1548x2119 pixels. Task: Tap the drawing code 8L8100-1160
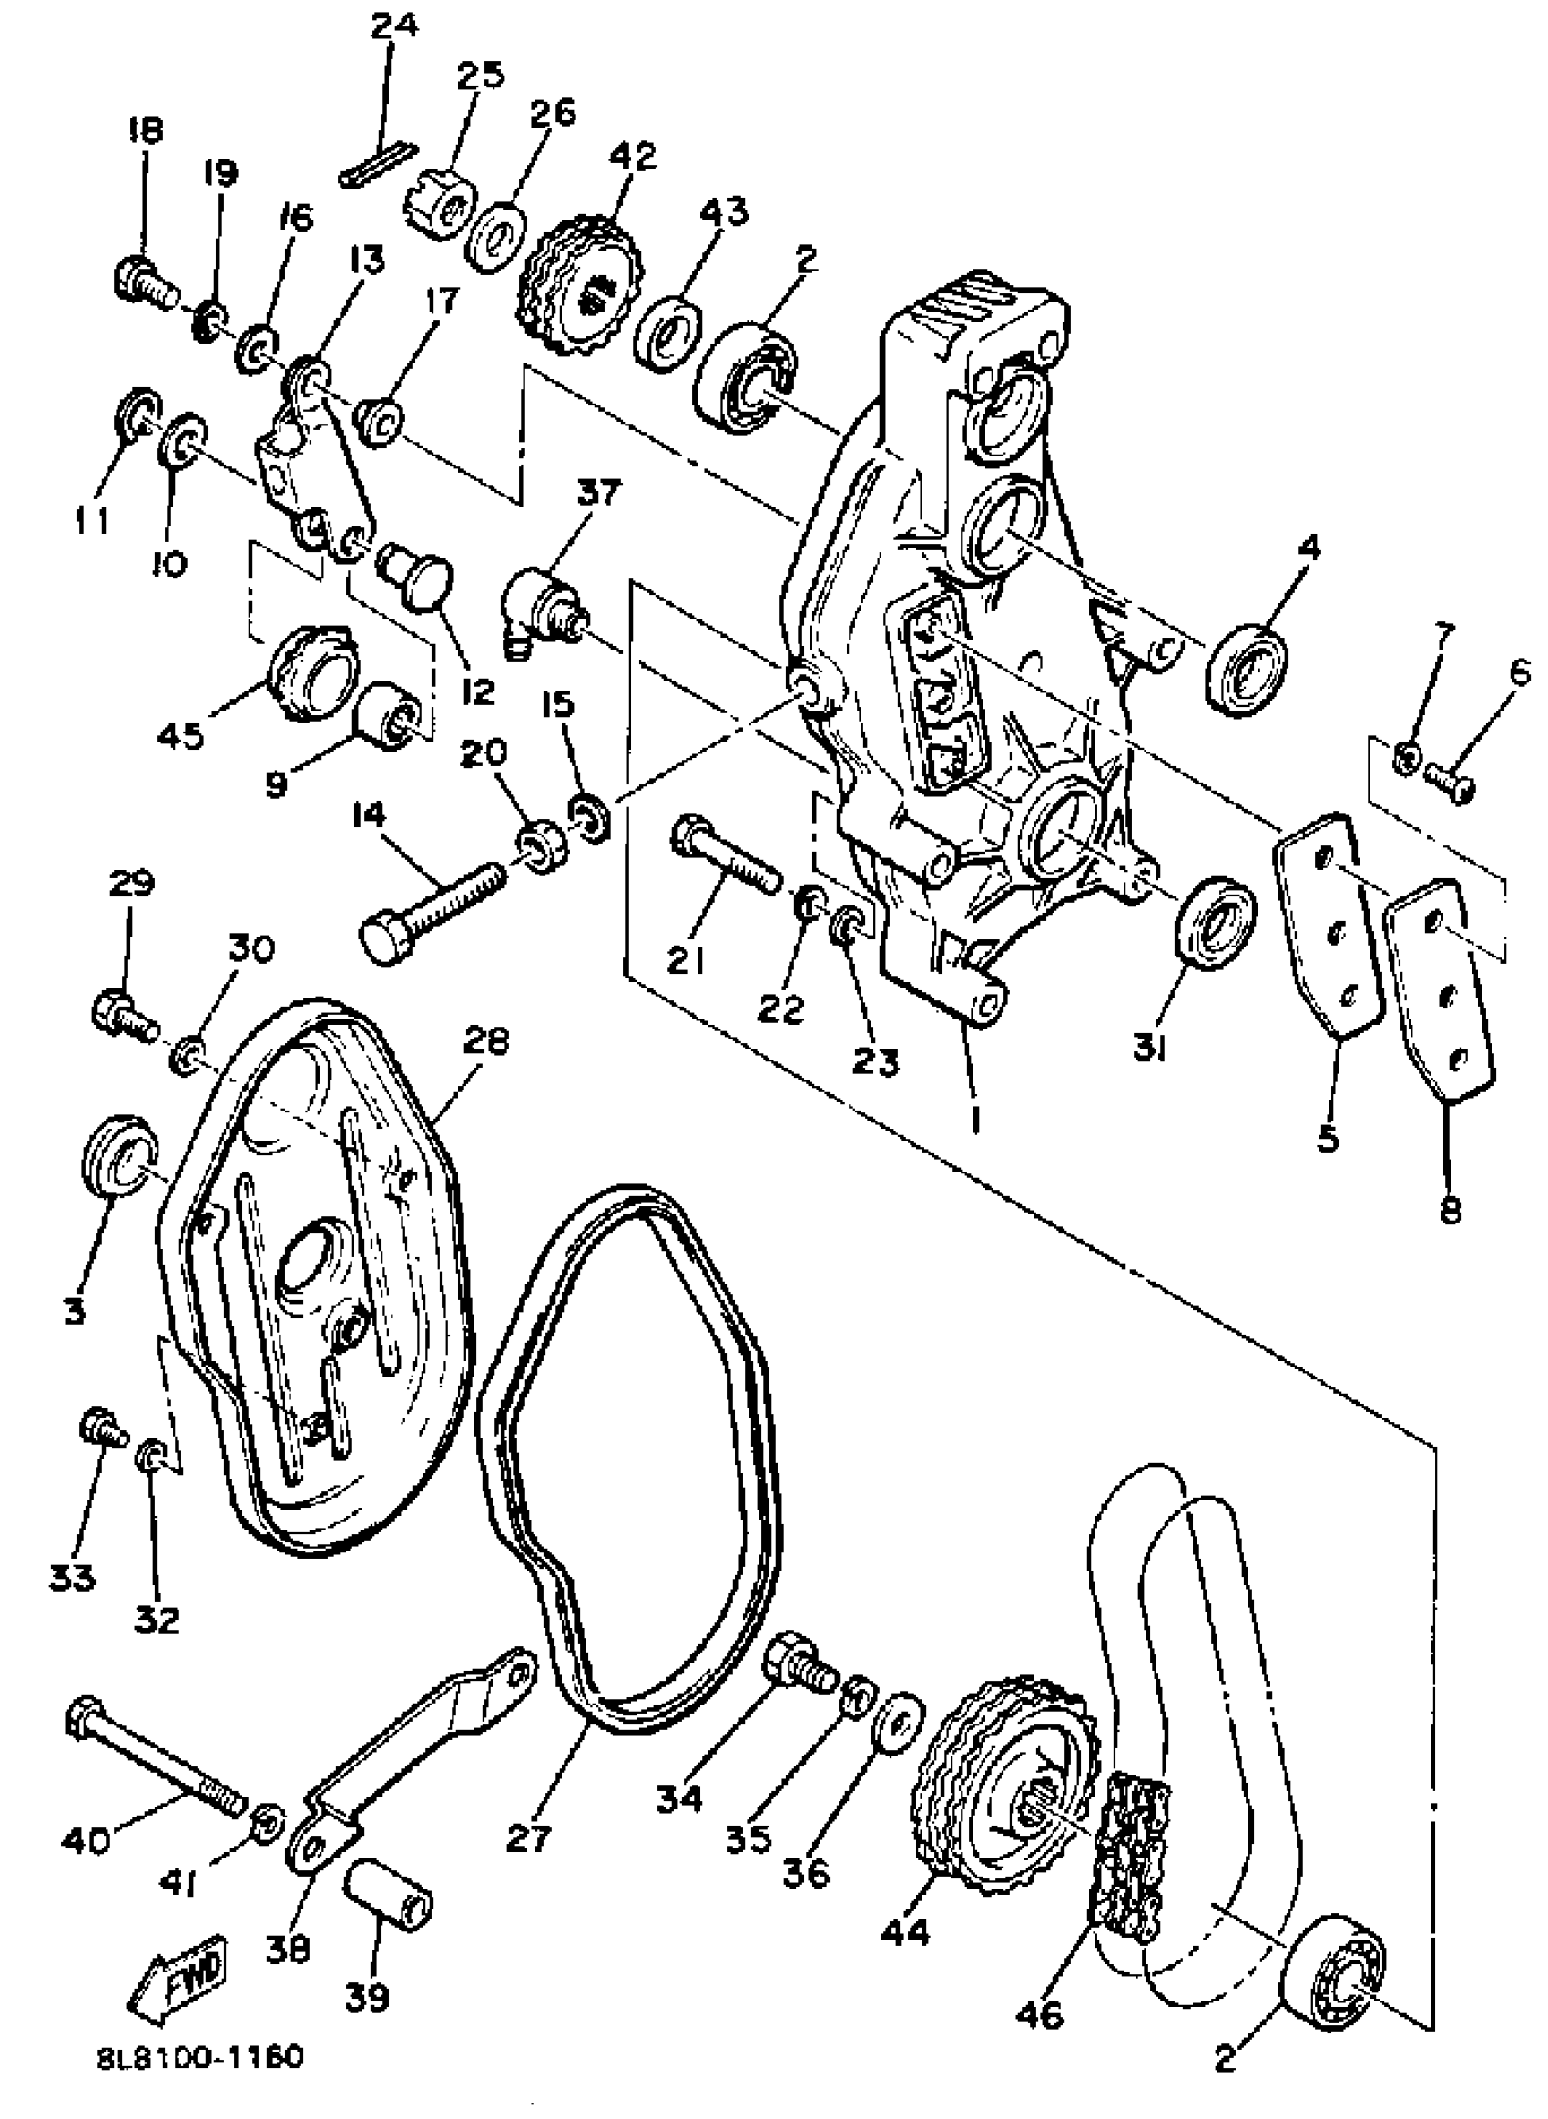coord(199,2056)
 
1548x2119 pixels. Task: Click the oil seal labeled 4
coord(1247,667)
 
